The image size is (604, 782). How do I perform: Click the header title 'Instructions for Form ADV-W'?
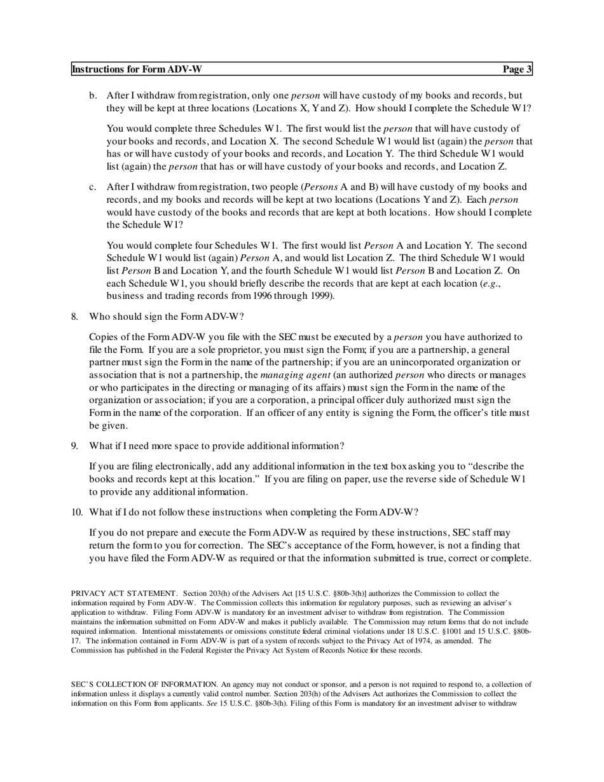pos(137,69)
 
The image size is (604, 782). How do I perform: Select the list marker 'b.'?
pos(93,95)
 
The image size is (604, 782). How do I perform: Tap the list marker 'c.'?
pos(93,187)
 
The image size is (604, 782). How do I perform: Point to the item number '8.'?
pos(75,317)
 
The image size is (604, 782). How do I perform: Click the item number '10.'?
pos(77,512)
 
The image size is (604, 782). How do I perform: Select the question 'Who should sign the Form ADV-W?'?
pos(166,317)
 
